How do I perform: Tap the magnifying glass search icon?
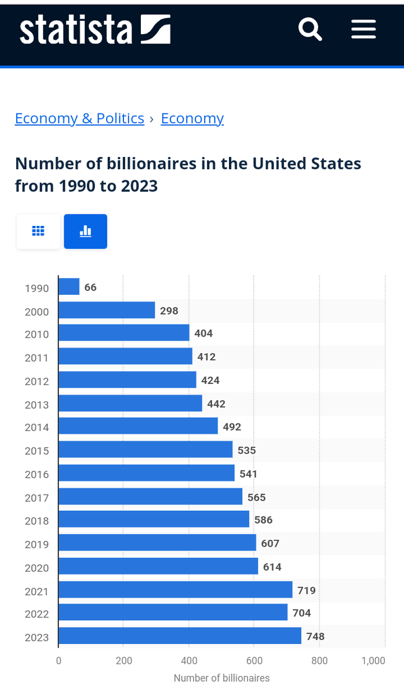[x=310, y=28]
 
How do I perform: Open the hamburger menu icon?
[x=363, y=28]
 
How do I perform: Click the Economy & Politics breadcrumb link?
[x=79, y=118]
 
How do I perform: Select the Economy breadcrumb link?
[x=192, y=118]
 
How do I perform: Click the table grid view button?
[x=38, y=231]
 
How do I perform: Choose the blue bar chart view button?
[x=85, y=231]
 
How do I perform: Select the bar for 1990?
[x=69, y=287]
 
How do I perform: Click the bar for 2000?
[x=107, y=310]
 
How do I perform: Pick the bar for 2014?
[x=138, y=426]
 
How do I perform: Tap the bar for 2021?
[x=175, y=590]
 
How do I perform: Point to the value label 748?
[x=315, y=637]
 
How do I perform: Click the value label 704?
[x=301, y=613]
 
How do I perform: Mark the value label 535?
[x=246, y=450]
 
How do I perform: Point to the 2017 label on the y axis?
[x=37, y=498]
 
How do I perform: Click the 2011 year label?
[x=37, y=358]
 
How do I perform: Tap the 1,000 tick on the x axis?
[x=373, y=661]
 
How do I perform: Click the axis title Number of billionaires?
[x=221, y=678]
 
